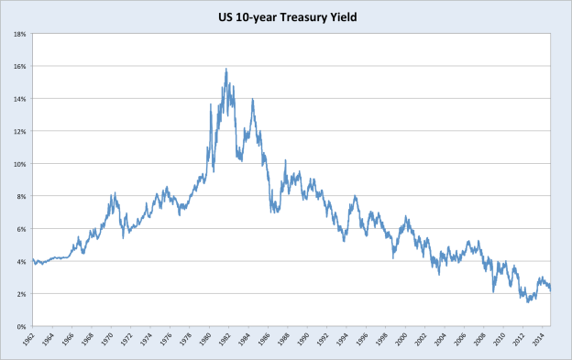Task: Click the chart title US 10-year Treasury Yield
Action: (285, 14)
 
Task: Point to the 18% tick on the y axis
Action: (19, 34)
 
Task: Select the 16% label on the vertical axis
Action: (19, 67)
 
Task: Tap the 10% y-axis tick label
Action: (19, 164)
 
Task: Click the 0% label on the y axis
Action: (21, 326)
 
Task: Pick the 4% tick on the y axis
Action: (21, 261)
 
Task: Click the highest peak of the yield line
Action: (225, 69)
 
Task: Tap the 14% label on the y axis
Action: (19, 99)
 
